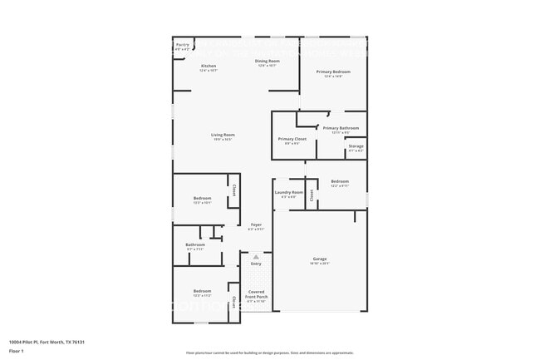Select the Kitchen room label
pyautogui.click(x=209, y=66)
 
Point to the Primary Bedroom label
pyautogui.click(x=333, y=72)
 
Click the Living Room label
pyautogui.click(x=222, y=135)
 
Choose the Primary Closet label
pyautogui.click(x=292, y=139)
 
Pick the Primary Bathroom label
pyautogui.click(x=341, y=128)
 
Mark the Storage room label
pyautogui.click(x=356, y=146)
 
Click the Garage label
pyautogui.click(x=320, y=259)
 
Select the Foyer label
pyautogui.click(x=257, y=225)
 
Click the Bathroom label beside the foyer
pyautogui.click(x=195, y=244)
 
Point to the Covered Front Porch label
pyautogui.click(x=256, y=294)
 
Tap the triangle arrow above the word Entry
pyautogui.click(x=256, y=257)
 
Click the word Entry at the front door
pyautogui.click(x=256, y=264)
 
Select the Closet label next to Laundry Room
pyautogui.click(x=312, y=196)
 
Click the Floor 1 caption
pyautogui.click(x=16, y=351)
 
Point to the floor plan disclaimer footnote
pyautogui.click(x=269, y=353)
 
